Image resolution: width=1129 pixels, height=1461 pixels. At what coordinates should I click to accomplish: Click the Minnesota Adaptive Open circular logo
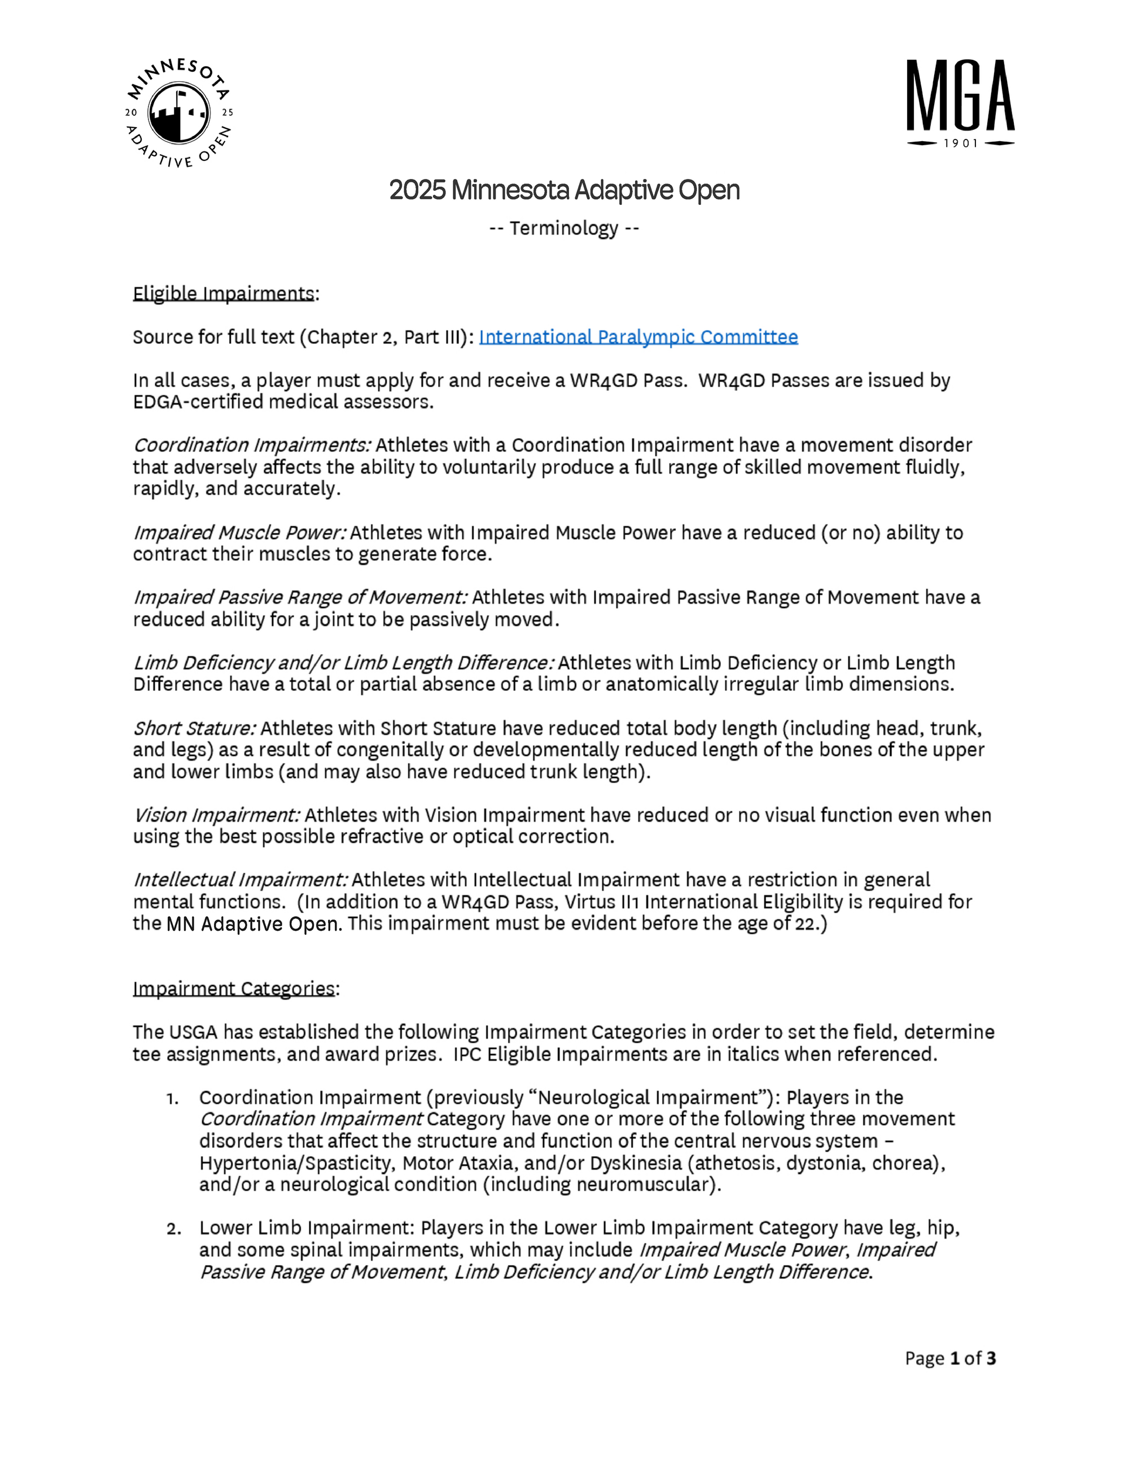[180, 113]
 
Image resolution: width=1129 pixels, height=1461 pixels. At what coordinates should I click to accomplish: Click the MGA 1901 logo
[960, 102]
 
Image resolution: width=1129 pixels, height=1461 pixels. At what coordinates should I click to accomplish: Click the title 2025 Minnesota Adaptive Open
[564, 191]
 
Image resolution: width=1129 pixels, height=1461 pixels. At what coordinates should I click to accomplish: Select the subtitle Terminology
[564, 228]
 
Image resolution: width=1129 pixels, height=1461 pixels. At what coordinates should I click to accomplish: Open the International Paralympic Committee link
[638, 336]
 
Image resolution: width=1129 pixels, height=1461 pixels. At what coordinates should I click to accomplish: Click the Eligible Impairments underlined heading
[224, 294]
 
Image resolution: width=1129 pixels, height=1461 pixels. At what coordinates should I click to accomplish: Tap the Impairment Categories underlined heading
[234, 988]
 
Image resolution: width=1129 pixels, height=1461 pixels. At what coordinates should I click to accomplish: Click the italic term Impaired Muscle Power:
[239, 532]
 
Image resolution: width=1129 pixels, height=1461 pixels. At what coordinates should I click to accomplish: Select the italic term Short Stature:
[194, 728]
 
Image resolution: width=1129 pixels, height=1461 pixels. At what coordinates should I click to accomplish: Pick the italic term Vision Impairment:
[216, 815]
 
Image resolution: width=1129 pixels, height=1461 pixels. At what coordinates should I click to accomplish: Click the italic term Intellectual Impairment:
[240, 880]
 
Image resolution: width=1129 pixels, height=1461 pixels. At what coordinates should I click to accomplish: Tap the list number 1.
[172, 1098]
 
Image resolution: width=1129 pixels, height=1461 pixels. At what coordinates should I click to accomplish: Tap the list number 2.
[173, 1228]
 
